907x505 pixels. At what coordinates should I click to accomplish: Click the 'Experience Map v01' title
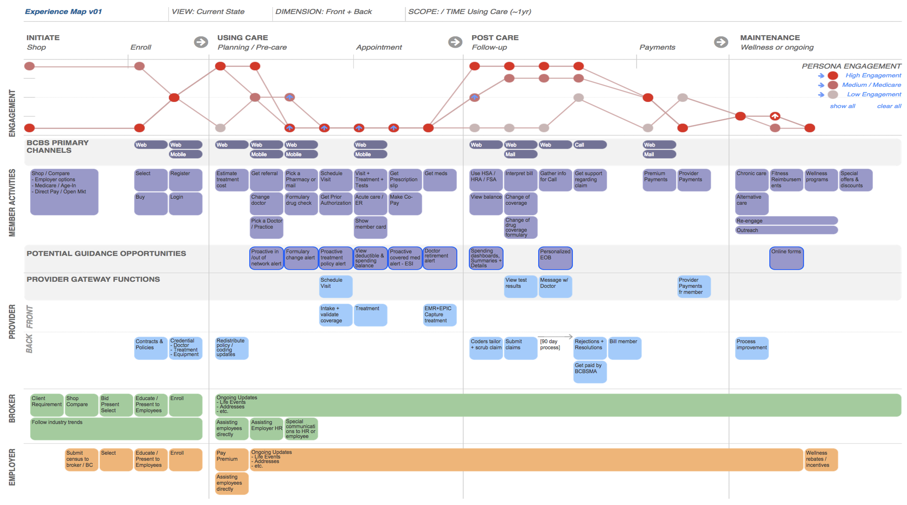[63, 11]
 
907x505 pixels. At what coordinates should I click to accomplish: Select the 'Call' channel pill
[589, 145]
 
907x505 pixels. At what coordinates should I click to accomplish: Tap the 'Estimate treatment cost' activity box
[231, 180]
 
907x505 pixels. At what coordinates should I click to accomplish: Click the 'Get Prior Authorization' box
[335, 203]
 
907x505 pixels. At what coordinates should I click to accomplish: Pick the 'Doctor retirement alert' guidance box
[439, 258]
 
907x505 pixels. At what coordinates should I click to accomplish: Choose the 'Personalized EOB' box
[555, 258]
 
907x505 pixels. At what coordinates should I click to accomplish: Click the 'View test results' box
[520, 286]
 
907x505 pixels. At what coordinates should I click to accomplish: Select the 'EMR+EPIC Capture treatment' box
[439, 314]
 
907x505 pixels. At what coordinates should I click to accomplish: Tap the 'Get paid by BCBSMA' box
[589, 372]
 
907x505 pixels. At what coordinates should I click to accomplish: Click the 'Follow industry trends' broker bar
[116, 428]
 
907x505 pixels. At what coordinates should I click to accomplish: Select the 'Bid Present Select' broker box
[116, 405]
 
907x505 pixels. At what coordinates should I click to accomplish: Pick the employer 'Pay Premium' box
[231, 459]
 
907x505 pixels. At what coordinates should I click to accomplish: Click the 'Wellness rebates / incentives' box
[821, 459]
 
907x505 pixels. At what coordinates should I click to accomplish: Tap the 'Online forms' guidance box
[786, 258]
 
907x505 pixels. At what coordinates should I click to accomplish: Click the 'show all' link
[842, 106]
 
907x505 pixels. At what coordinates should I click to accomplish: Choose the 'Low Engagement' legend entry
[873, 94]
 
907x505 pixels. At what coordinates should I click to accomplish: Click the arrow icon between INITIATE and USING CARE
[201, 42]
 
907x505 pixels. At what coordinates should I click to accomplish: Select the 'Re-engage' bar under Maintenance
[786, 221]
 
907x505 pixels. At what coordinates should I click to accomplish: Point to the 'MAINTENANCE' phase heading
[770, 37]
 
